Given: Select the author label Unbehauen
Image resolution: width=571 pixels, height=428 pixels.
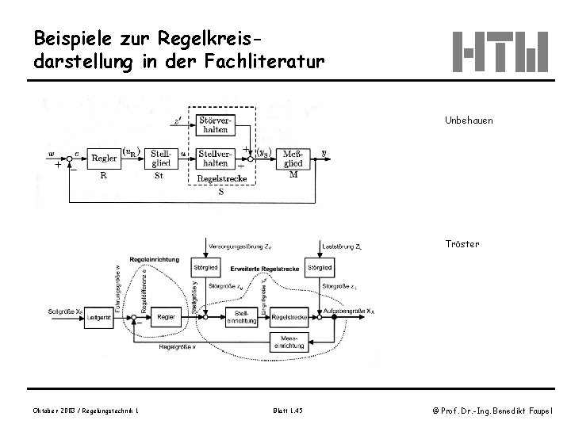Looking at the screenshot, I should [x=468, y=120].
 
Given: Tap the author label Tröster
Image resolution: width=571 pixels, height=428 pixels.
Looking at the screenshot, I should [x=462, y=244].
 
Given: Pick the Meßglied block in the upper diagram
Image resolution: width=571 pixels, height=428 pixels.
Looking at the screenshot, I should [x=292, y=157].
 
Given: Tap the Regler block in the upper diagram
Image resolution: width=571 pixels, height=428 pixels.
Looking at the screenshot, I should [x=104, y=159].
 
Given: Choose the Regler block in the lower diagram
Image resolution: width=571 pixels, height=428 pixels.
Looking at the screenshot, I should [x=166, y=317].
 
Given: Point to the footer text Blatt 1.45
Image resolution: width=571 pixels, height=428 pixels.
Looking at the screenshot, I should [x=286, y=409].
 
